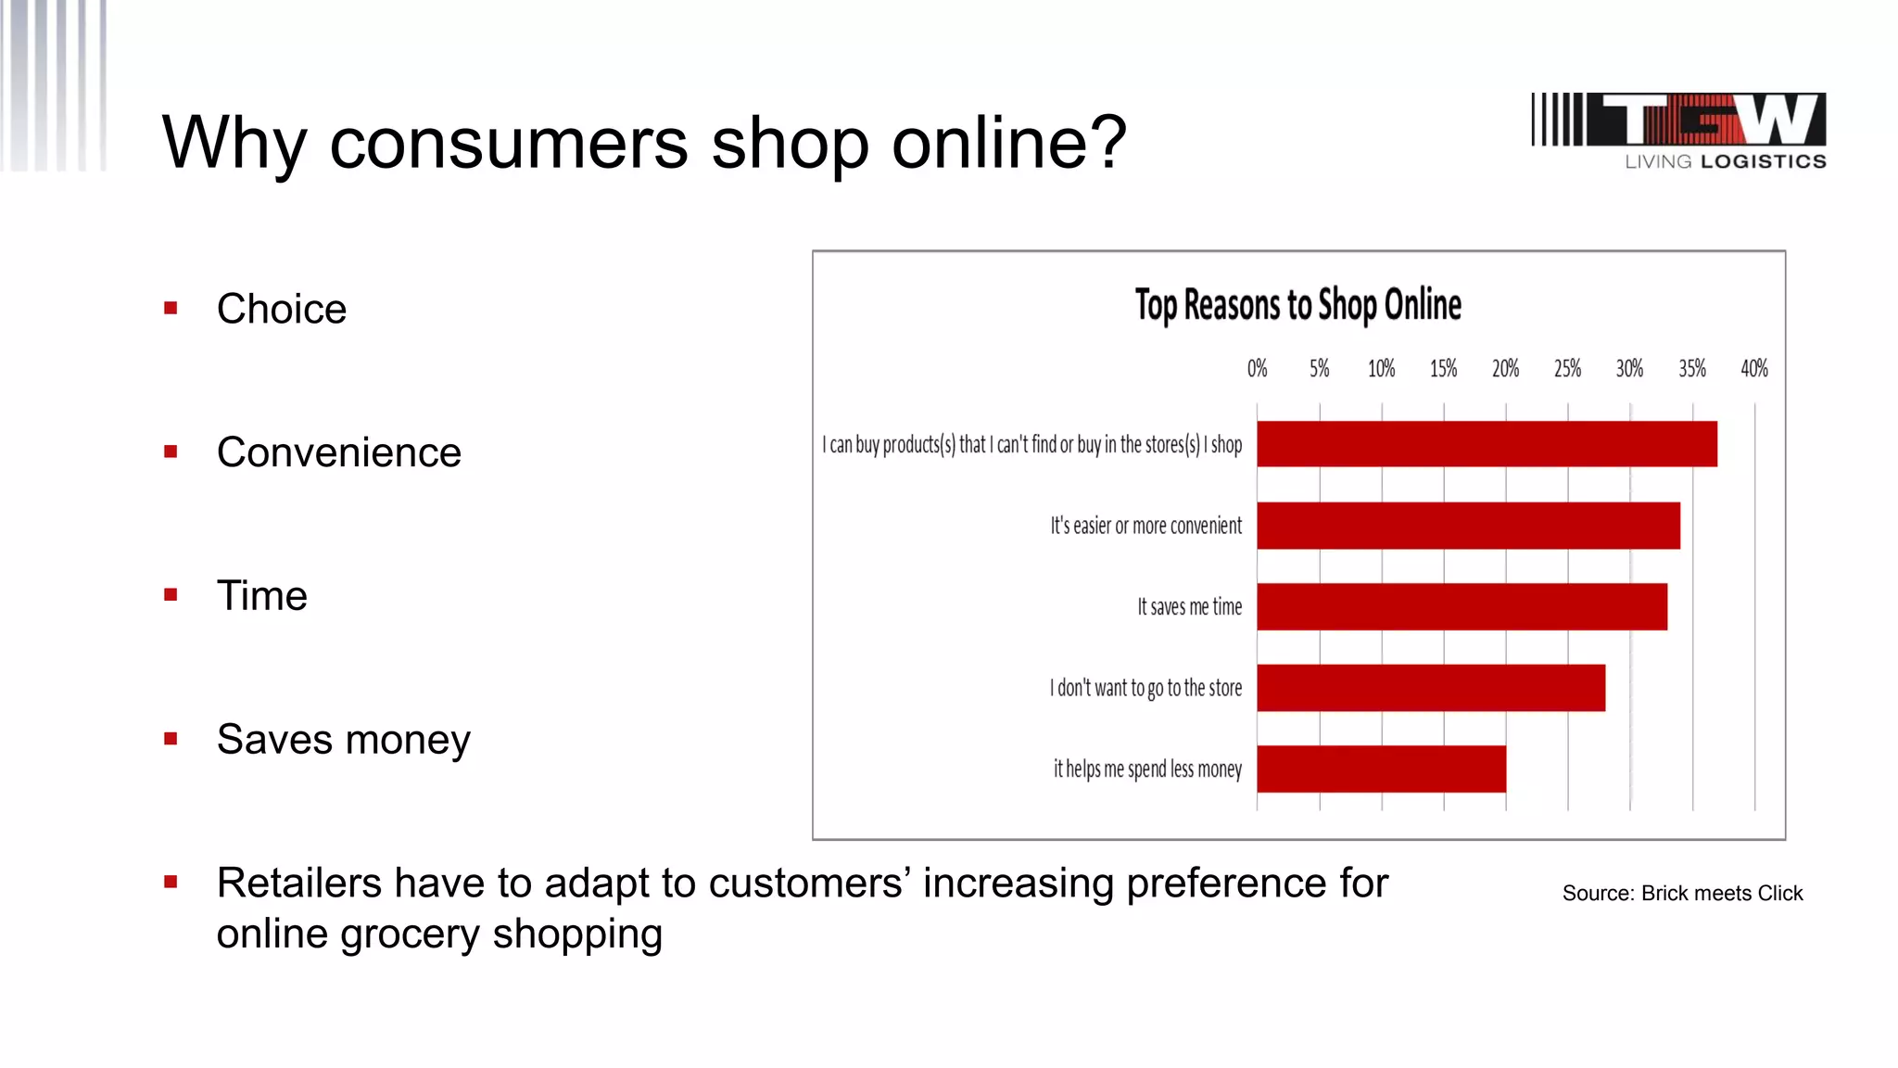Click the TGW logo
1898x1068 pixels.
click(x=1678, y=121)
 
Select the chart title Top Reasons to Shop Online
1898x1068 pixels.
click(x=1297, y=305)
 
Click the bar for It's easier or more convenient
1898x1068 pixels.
click(x=1468, y=526)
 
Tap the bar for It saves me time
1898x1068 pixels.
click(x=1461, y=606)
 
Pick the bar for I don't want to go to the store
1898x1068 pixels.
click(x=1430, y=688)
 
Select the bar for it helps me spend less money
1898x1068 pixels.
click(x=1381, y=769)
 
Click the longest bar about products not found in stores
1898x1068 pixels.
click(x=1487, y=444)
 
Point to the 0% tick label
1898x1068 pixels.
click(x=1257, y=369)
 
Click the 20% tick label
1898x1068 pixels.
click(x=1505, y=369)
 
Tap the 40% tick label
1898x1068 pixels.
click(x=1753, y=369)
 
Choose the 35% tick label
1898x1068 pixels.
click(x=1691, y=369)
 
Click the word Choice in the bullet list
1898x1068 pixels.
click(x=282, y=309)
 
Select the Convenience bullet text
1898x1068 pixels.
click(x=338, y=452)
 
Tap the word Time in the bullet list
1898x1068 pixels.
click(x=261, y=596)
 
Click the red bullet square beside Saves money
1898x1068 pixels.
click(x=171, y=739)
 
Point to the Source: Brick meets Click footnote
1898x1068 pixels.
click(x=1682, y=894)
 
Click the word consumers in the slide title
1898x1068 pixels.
click(x=509, y=144)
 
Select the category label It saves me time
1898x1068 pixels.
click(x=1189, y=607)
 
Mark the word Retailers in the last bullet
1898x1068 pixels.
click(x=298, y=884)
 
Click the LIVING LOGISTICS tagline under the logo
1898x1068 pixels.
click(x=1725, y=162)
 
